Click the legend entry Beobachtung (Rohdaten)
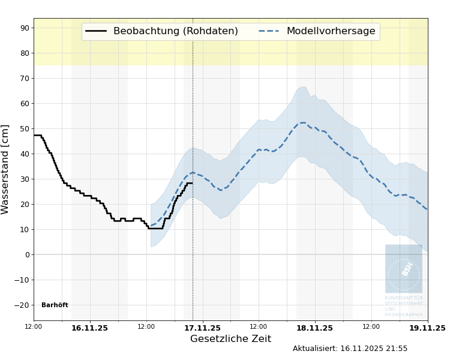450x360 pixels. (161, 31)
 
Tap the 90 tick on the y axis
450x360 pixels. (24, 28)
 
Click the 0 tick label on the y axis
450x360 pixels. (27, 254)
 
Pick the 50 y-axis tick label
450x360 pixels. (24, 128)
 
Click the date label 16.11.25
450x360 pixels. (89, 328)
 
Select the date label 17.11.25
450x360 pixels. (202, 328)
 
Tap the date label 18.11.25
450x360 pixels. (314, 328)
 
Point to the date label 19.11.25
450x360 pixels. (427, 328)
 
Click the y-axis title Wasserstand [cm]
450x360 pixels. (6, 169)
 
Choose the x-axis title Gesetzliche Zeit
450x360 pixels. (230, 339)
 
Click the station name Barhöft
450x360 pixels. (55, 305)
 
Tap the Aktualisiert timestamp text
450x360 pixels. (350, 349)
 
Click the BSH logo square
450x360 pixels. (404, 268)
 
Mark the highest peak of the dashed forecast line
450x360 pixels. (302, 122)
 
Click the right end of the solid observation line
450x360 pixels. (192, 183)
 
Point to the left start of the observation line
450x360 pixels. (34, 135)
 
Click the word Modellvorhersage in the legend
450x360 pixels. (331, 31)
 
